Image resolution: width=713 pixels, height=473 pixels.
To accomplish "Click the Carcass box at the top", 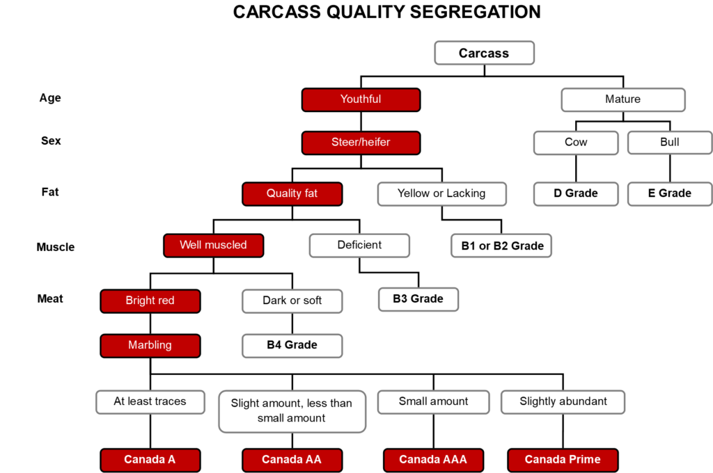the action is [485, 53].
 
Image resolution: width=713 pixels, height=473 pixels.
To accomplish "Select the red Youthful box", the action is [361, 99].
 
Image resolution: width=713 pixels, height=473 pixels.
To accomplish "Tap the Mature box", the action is [623, 99].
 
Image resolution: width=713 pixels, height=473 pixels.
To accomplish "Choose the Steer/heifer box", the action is [361, 143].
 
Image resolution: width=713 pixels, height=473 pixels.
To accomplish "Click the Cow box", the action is [576, 143].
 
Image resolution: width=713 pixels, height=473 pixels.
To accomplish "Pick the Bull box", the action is [670, 143].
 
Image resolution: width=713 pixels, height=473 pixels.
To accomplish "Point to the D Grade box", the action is [576, 193].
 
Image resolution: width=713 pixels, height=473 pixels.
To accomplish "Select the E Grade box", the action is [670, 193].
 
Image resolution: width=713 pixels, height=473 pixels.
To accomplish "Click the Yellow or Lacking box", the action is [441, 193].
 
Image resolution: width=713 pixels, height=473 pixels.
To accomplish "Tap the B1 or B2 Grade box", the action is [501, 246].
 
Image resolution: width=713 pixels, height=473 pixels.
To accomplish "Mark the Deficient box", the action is [359, 246].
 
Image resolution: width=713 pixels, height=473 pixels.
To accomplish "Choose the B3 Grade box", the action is [418, 299].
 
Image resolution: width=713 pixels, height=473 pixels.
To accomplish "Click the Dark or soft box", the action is [292, 300].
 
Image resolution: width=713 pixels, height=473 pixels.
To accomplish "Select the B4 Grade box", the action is [292, 345].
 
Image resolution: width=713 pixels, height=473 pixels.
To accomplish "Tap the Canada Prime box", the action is [563, 460].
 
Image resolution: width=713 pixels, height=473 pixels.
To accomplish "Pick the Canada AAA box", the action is [433, 460].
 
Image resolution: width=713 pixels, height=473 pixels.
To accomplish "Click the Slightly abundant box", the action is [563, 401].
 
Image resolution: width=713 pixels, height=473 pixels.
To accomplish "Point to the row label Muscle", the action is [56, 247].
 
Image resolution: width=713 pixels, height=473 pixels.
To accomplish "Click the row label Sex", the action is [51, 141].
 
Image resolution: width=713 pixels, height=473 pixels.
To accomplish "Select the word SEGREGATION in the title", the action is [475, 13].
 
